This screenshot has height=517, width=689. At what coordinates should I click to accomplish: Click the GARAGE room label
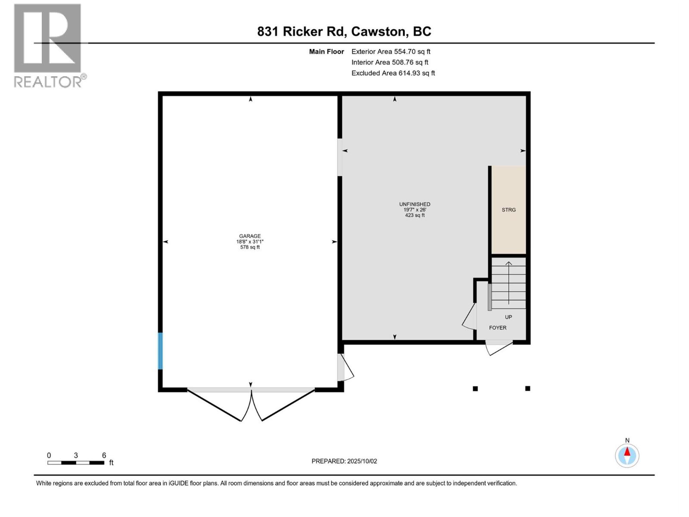pyautogui.click(x=250, y=236)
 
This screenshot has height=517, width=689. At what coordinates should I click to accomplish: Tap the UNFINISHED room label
pyautogui.click(x=414, y=204)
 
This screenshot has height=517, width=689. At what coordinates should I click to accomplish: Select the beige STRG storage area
pyautogui.click(x=509, y=210)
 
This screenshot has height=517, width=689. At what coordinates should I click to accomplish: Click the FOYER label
pyautogui.click(x=497, y=328)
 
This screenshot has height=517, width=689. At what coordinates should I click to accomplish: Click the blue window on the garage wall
pyautogui.click(x=160, y=351)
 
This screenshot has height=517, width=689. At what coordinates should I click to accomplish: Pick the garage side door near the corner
pyautogui.click(x=345, y=368)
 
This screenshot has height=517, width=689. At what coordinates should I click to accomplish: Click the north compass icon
pyautogui.click(x=627, y=455)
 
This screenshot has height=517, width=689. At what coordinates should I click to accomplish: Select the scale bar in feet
pyautogui.click(x=76, y=462)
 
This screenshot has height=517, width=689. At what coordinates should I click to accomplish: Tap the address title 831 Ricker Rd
pyautogui.click(x=344, y=31)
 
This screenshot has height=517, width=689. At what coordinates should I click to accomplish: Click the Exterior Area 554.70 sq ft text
pyautogui.click(x=391, y=52)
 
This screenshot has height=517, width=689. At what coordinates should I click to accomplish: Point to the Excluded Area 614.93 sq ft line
pyautogui.click(x=393, y=73)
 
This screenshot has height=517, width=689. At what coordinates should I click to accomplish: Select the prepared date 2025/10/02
pyautogui.click(x=344, y=461)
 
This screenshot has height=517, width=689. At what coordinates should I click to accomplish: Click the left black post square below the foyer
pyautogui.click(x=475, y=389)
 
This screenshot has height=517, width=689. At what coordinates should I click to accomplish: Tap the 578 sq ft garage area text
pyautogui.click(x=250, y=247)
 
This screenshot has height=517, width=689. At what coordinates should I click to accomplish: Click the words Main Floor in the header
pyautogui.click(x=326, y=52)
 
